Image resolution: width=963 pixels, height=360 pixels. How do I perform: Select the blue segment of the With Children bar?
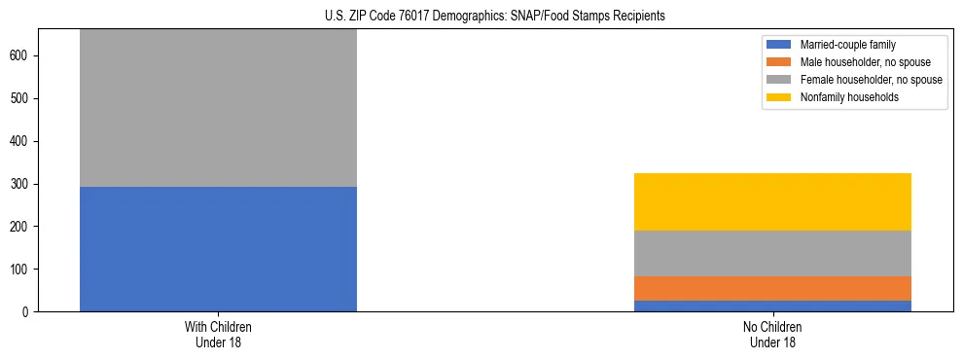point(218,249)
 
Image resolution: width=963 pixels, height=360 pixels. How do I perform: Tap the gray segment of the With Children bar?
point(218,108)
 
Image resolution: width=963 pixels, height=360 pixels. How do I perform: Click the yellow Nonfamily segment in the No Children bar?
point(772,201)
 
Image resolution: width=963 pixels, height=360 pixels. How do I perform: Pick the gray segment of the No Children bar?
point(772,253)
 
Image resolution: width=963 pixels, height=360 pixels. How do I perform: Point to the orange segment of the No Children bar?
point(772,288)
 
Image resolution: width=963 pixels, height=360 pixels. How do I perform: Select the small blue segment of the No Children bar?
point(772,306)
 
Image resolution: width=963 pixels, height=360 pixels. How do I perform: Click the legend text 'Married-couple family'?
point(848,45)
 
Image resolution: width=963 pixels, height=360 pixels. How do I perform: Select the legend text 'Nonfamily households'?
point(849,97)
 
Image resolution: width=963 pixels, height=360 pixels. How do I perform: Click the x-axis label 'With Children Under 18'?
point(218,335)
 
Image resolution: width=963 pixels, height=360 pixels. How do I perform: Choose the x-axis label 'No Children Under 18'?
point(772,335)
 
